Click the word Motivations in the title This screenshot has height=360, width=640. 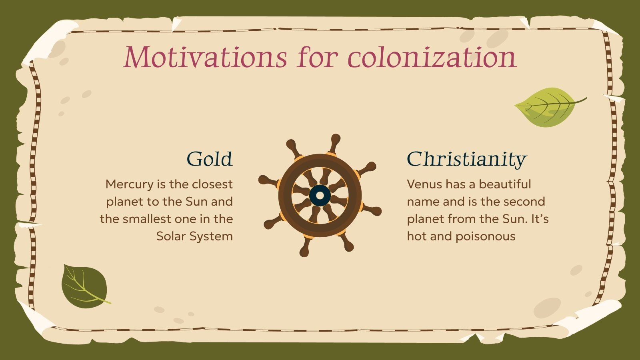pyautogui.click(x=205, y=57)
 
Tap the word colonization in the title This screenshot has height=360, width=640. pyautogui.click(x=432, y=57)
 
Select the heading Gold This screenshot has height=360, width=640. pyautogui.click(x=209, y=159)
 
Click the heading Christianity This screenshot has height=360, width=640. pyautogui.click(x=466, y=159)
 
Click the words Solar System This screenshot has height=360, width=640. pyautogui.click(x=194, y=236)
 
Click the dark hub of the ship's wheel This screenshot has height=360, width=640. pyautogui.click(x=320, y=196)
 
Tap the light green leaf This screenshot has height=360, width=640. pyautogui.click(x=546, y=107)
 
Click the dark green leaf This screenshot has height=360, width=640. pyautogui.click(x=84, y=286)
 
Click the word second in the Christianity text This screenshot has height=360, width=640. pyautogui.click(x=527, y=201)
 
